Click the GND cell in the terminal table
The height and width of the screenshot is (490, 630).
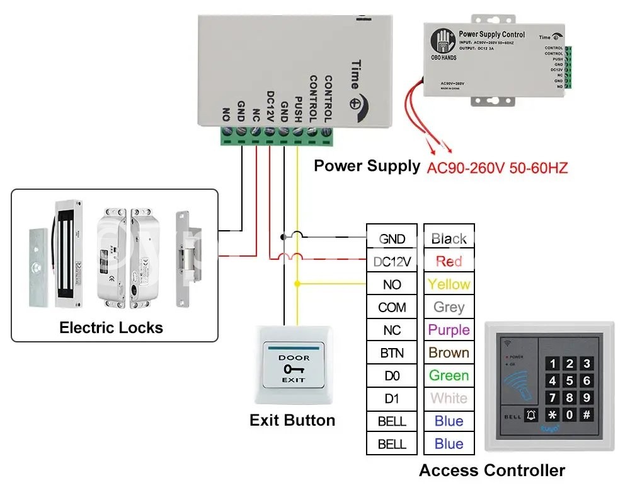(392, 239)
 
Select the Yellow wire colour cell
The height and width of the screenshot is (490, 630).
(449, 284)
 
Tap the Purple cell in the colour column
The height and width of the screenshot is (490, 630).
(449, 330)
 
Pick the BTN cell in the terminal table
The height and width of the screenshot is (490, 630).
(392, 353)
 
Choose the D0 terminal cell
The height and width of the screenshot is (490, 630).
(392, 376)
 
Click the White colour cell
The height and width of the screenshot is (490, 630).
(449, 399)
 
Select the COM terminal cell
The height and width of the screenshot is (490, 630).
(392, 307)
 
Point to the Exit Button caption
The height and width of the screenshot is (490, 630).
(292, 420)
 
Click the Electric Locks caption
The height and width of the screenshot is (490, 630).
(111, 327)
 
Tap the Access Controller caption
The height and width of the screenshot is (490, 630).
(491, 470)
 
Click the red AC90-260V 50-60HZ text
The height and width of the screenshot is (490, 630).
(498, 168)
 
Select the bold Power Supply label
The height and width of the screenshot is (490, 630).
(367, 166)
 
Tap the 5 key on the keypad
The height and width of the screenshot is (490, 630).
(570, 380)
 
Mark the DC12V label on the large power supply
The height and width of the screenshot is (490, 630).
(270, 107)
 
